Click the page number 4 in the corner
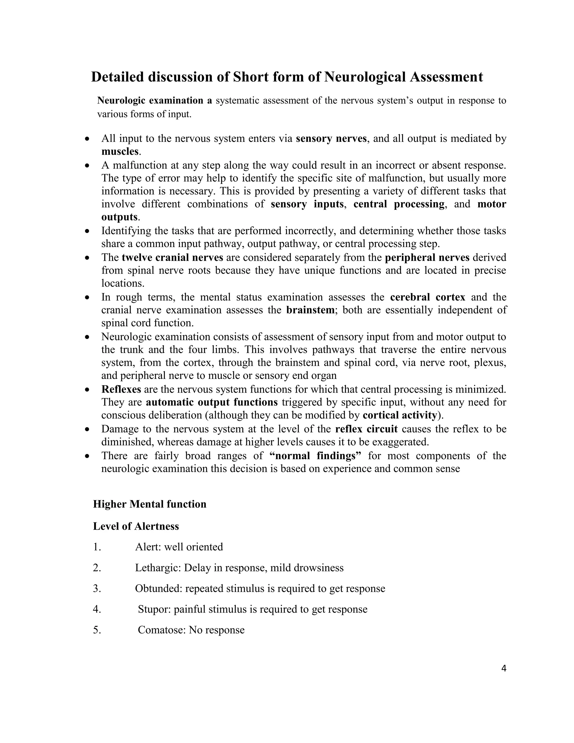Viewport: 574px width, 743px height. pos(504,669)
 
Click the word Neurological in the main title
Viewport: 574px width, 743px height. pos(365,77)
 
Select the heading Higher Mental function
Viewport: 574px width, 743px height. pos(150,504)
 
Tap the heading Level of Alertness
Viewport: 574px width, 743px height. pos(136,526)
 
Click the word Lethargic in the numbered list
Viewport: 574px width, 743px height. pos(158,568)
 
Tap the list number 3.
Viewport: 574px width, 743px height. pos(97,589)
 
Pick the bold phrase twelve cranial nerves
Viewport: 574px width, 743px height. pos(172,258)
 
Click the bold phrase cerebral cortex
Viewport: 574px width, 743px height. pos(427,297)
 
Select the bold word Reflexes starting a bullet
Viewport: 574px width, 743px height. pos(121,389)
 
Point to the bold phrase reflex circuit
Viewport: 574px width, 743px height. pos(366,429)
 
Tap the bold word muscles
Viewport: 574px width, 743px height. pos(120,152)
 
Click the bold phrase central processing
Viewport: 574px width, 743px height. pos(399,204)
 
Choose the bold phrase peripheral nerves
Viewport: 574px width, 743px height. pos(427,258)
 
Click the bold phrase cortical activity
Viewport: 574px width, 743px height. pos(400,416)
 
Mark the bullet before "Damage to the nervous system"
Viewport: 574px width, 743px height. pos(87,430)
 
